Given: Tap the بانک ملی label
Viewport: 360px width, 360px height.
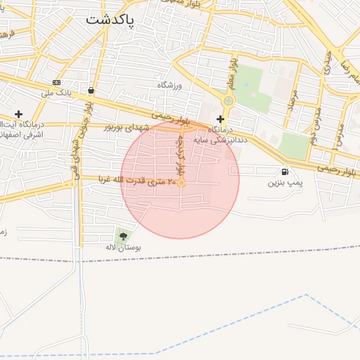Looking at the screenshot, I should point(57,93).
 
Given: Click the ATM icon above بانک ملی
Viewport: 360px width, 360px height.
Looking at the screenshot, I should point(57,82).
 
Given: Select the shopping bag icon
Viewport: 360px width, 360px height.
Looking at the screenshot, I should point(91,90).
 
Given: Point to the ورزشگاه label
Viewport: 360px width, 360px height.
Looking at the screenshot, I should point(169,85).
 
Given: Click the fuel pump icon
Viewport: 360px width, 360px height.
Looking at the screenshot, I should point(284,172).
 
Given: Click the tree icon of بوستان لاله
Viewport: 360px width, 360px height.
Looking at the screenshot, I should point(124,236).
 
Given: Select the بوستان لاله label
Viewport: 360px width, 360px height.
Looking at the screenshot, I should point(124,247).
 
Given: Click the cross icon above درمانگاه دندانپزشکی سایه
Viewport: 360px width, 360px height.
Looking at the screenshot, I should point(221,119).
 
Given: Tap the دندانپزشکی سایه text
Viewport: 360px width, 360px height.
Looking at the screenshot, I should point(226,139).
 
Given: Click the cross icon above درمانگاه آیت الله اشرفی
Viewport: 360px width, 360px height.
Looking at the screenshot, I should point(18,114).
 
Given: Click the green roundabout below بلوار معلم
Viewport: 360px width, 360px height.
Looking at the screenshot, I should point(227,101).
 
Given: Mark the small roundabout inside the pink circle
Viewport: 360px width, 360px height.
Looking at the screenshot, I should point(181,184).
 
